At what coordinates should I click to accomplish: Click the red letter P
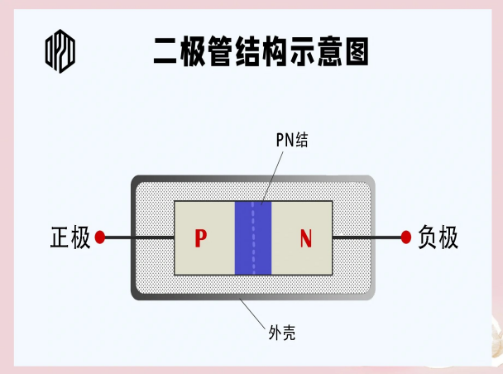[200, 238]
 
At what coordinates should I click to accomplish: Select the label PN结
[292, 140]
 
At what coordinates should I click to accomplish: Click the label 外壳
[282, 333]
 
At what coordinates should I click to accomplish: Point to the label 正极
[69, 237]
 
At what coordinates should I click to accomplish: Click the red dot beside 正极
[100, 237]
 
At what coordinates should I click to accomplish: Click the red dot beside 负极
[406, 237]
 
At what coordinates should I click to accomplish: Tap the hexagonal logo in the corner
[60, 51]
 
